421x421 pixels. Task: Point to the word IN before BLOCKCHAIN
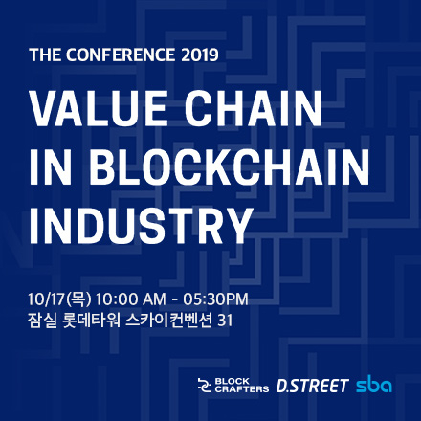click(48, 168)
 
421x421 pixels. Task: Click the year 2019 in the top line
click(197, 53)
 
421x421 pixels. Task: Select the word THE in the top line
click(45, 53)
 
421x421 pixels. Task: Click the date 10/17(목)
click(59, 298)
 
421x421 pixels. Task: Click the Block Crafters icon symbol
click(203, 386)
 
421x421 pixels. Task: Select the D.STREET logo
click(312, 386)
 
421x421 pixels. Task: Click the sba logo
click(374, 386)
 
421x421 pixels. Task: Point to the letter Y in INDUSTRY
click(236, 226)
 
